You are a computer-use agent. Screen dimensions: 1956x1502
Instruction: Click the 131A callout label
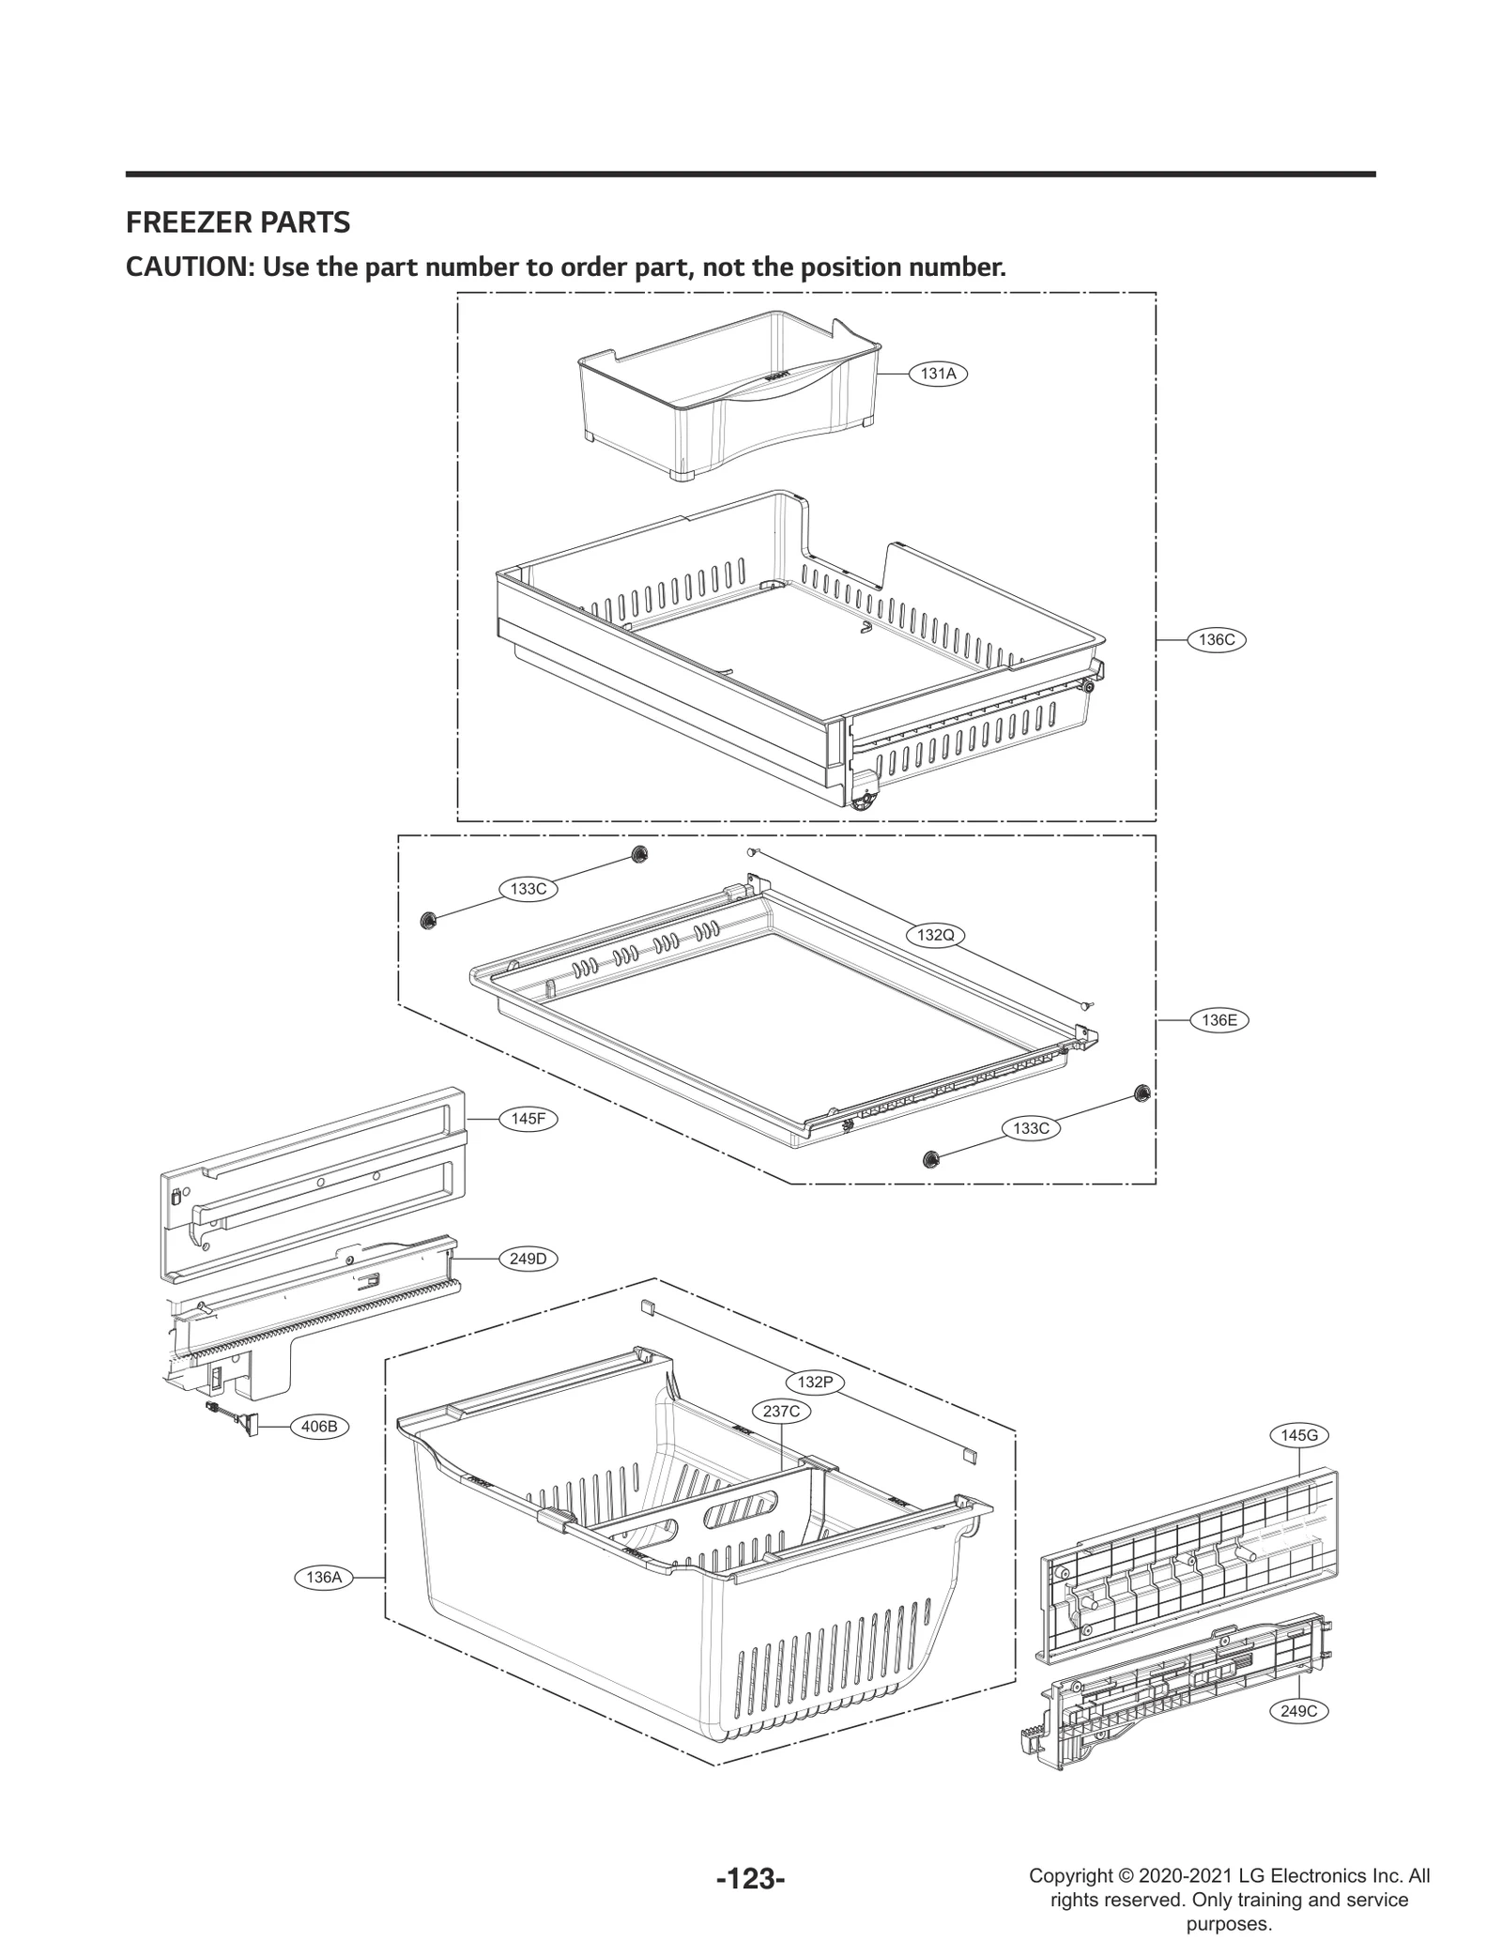(x=938, y=374)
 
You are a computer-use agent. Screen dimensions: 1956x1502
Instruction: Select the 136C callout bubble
(x=1217, y=640)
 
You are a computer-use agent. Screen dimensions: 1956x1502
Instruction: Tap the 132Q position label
(x=935, y=935)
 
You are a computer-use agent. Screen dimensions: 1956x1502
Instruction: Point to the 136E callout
(x=1218, y=1020)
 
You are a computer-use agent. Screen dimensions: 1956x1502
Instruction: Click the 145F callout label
(x=528, y=1119)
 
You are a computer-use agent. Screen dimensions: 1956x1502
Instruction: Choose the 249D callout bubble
(x=528, y=1259)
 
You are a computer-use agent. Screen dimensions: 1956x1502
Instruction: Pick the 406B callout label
(x=319, y=1454)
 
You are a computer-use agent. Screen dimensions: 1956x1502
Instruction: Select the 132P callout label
(x=815, y=1382)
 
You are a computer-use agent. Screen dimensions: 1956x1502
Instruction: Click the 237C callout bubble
(x=781, y=1411)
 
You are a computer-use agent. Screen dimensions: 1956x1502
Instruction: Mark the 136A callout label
(x=324, y=1578)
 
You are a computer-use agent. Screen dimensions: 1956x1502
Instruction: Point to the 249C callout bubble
(x=1299, y=1711)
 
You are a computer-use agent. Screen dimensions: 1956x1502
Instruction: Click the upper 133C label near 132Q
(x=528, y=889)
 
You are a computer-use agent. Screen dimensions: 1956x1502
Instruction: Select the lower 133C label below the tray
(x=1031, y=1128)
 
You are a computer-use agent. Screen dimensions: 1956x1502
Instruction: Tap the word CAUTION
(x=188, y=267)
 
